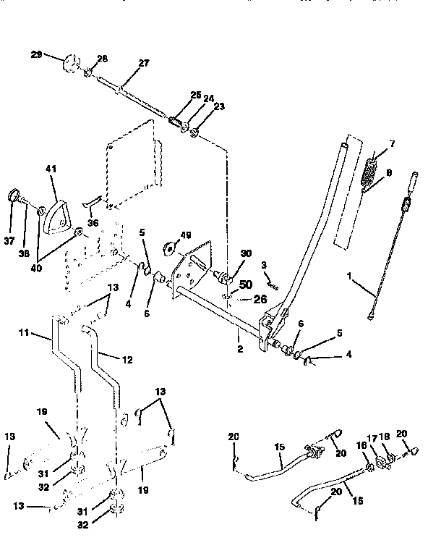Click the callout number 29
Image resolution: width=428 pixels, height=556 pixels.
pyautogui.click(x=37, y=54)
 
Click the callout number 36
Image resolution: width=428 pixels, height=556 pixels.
pyautogui.click(x=93, y=224)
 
